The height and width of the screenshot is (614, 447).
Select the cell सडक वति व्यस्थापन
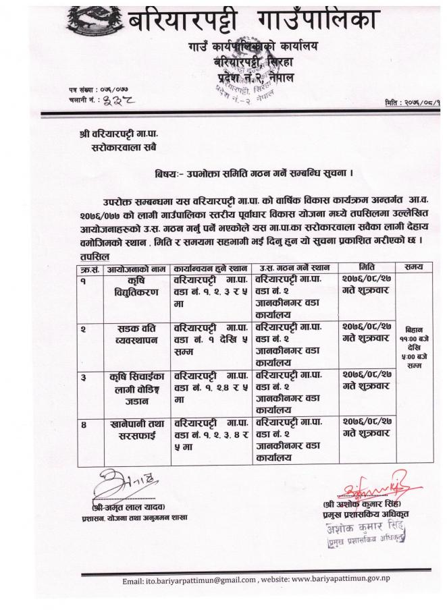[132, 335]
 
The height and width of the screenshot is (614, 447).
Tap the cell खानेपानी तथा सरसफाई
[133, 431]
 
